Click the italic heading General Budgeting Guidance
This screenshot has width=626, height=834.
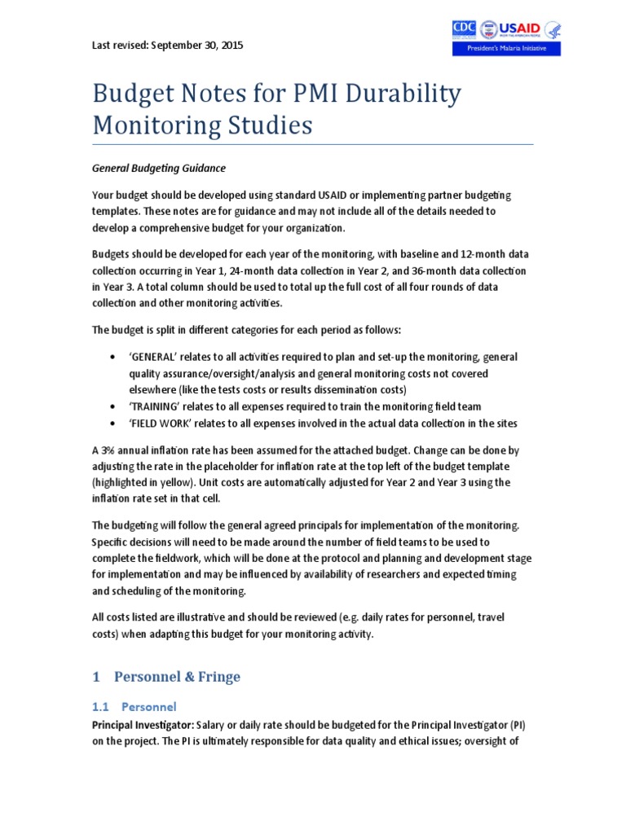[x=158, y=168]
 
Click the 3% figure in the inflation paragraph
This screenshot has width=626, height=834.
[x=110, y=450]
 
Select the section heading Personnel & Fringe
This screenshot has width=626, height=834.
[x=177, y=677]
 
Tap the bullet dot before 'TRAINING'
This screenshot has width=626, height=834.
[x=112, y=406]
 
